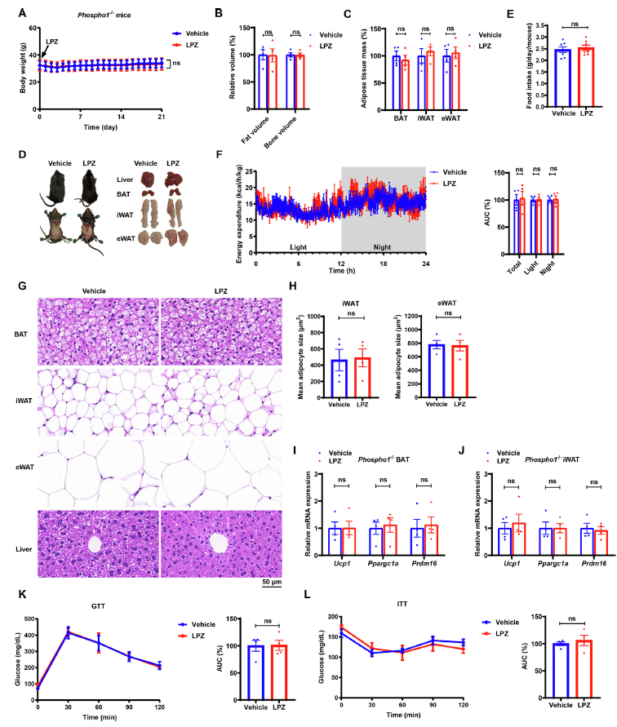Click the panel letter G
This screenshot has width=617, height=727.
[22, 287]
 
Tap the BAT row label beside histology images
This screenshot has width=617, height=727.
[20, 334]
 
